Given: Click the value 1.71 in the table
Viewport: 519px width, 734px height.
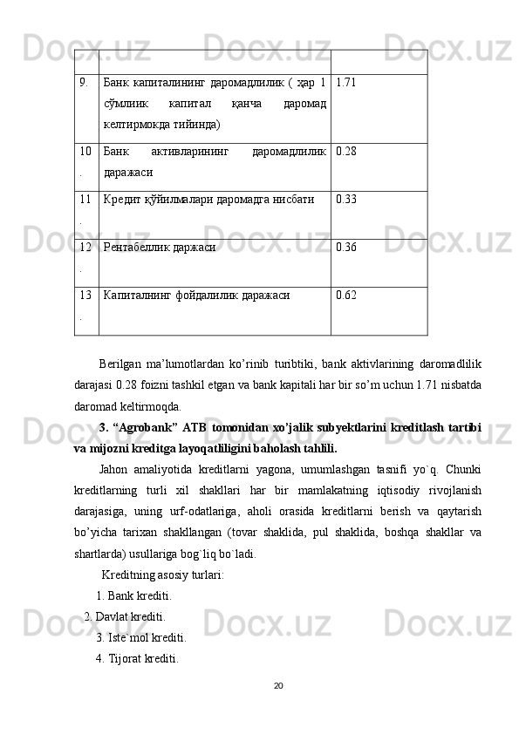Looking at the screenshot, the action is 345,84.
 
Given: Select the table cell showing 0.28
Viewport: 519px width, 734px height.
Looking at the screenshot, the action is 345,153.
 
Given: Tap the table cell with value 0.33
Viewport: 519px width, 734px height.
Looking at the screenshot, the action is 345,200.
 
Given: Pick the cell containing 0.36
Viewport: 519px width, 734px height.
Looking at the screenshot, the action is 345,248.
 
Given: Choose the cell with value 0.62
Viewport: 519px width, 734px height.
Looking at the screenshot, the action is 345,296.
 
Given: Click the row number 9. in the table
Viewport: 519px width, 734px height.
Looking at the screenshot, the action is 84,84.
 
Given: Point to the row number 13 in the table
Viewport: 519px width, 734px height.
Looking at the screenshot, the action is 85,296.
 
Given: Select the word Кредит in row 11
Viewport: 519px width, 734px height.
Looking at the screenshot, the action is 122,200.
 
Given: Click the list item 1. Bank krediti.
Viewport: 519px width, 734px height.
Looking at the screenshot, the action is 133,597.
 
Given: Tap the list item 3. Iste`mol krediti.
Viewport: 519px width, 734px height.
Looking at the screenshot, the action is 140,637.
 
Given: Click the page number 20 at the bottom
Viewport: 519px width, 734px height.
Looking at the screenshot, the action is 278,686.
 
